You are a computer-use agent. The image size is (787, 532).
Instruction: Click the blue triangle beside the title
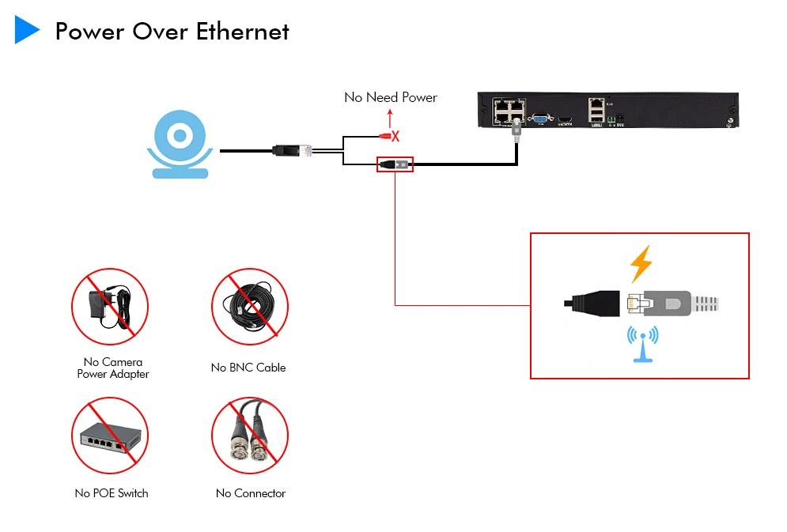click(27, 30)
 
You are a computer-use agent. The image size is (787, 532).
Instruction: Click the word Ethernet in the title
click(243, 32)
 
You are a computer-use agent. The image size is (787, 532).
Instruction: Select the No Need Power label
click(390, 97)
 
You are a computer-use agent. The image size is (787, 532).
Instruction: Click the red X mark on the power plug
click(395, 137)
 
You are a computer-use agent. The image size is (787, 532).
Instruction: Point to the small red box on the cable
click(395, 165)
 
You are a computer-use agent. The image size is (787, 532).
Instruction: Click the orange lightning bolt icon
click(641, 265)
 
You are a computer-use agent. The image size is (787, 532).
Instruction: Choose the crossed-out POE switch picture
click(110, 436)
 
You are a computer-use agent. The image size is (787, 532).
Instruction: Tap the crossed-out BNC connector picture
click(249, 436)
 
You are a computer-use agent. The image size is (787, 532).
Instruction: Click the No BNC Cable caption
click(248, 368)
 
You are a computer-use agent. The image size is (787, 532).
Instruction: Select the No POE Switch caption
click(112, 493)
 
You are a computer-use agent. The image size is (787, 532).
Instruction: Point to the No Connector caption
click(251, 493)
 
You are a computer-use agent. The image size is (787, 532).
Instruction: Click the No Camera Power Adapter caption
click(112, 368)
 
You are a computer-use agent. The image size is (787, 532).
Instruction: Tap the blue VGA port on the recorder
click(541, 119)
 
